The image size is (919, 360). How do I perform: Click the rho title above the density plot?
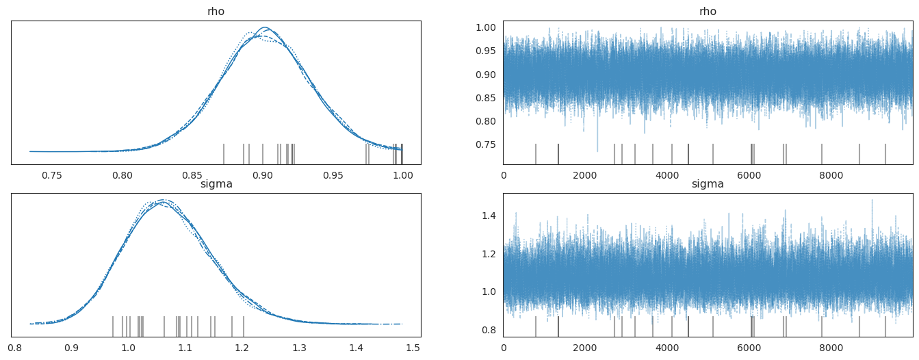pyautogui.click(x=216, y=12)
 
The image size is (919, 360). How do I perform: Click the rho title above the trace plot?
pyautogui.click(x=708, y=12)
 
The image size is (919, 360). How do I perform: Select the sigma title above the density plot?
pyautogui.click(x=216, y=184)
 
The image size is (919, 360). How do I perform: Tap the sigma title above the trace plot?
pyautogui.click(x=708, y=184)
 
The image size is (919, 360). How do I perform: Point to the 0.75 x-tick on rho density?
pyautogui.click(x=52, y=175)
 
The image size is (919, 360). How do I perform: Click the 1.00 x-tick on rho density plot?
pyautogui.click(x=402, y=175)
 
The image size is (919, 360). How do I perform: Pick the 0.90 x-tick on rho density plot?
pyautogui.click(x=262, y=175)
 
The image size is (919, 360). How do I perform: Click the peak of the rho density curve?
pyautogui.click(x=265, y=28)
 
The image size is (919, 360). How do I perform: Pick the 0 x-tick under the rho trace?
pyautogui.click(x=504, y=175)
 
